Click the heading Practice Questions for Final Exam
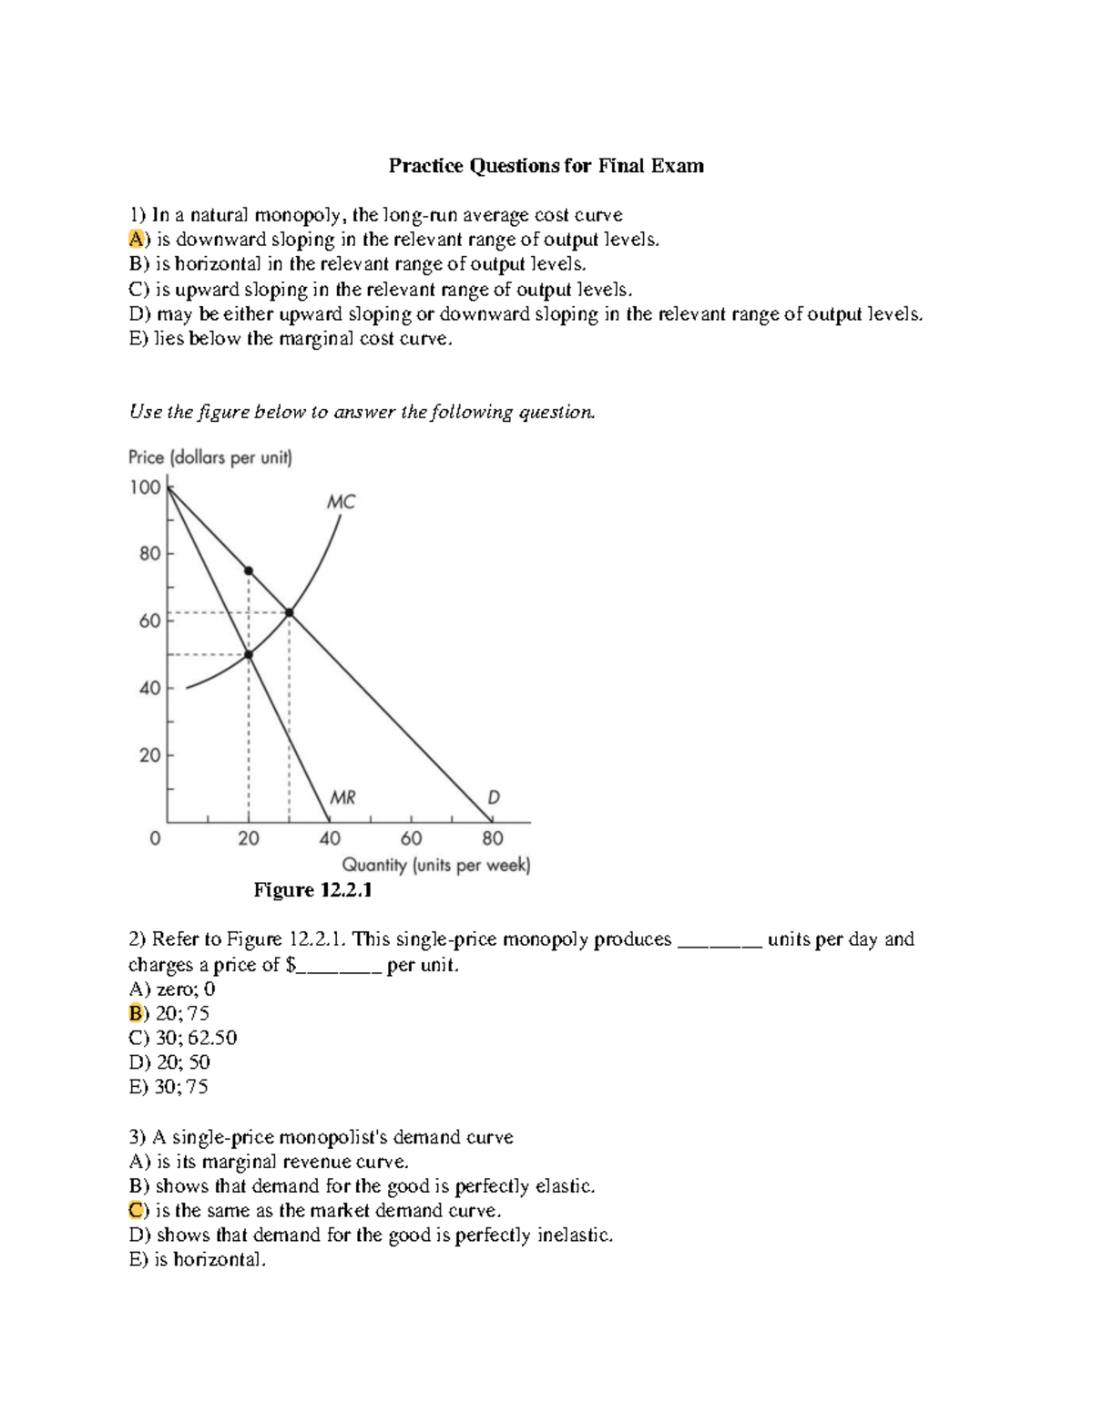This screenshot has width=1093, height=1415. [x=546, y=166]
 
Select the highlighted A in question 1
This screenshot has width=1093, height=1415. [x=136, y=240]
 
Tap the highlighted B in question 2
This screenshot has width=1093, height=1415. [x=136, y=1013]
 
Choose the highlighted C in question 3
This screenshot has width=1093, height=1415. [x=136, y=1211]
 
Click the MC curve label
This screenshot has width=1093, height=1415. [x=341, y=501]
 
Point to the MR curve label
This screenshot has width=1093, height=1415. [x=342, y=798]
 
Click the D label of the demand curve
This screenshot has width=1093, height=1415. [x=494, y=797]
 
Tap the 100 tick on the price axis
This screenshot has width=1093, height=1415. [x=145, y=487]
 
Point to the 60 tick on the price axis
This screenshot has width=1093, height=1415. [x=149, y=620]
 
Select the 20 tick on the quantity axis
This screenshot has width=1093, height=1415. [x=248, y=837]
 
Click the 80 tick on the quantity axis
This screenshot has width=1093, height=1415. [x=492, y=837]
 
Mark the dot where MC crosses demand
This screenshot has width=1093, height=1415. [x=289, y=612]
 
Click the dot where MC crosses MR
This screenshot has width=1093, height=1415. [x=249, y=654]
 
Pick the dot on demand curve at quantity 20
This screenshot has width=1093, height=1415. [x=249, y=571]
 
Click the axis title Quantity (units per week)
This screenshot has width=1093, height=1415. [x=435, y=865]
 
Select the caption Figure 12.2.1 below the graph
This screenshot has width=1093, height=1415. [x=312, y=890]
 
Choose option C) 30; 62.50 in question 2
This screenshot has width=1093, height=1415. [x=183, y=1038]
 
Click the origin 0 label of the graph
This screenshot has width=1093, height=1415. [x=155, y=837]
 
